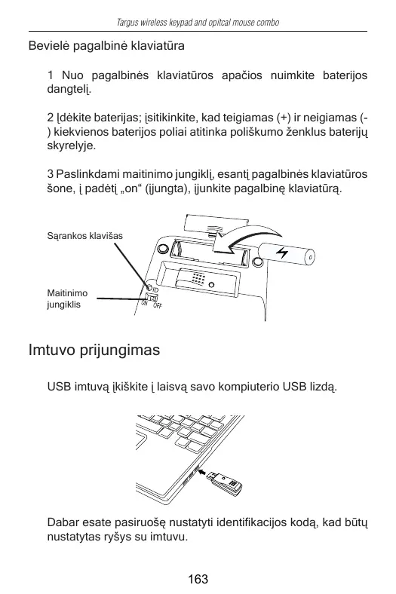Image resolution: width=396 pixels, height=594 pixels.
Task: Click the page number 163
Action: coord(198,579)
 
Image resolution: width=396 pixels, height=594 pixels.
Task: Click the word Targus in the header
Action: coord(127,23)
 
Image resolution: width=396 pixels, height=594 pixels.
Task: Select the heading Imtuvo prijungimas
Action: coord(94,350)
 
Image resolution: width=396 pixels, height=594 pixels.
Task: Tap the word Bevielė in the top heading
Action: coord(49,46)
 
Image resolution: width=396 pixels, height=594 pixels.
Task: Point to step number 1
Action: coord(50,75)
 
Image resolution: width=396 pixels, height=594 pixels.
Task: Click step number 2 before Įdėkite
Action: coord(51,118)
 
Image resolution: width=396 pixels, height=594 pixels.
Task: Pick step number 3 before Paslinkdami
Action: coord(51,174)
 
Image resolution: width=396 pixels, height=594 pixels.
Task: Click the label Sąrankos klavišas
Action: coord(85,236)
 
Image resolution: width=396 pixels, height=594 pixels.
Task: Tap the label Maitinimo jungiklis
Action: coord(67,299)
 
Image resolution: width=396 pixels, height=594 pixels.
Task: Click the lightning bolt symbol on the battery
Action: coord(281,253)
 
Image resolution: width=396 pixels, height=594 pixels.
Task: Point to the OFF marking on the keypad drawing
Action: coord(158,305)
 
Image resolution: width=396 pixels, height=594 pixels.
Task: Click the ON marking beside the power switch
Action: coord(144,303)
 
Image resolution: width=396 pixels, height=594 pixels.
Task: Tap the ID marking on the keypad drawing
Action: coord(155,290)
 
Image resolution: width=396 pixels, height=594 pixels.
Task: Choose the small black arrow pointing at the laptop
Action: coord(204,472)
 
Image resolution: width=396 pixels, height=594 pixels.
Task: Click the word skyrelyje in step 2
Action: coord(71,146)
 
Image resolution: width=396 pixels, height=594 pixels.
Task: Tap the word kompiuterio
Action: coord(249,387)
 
